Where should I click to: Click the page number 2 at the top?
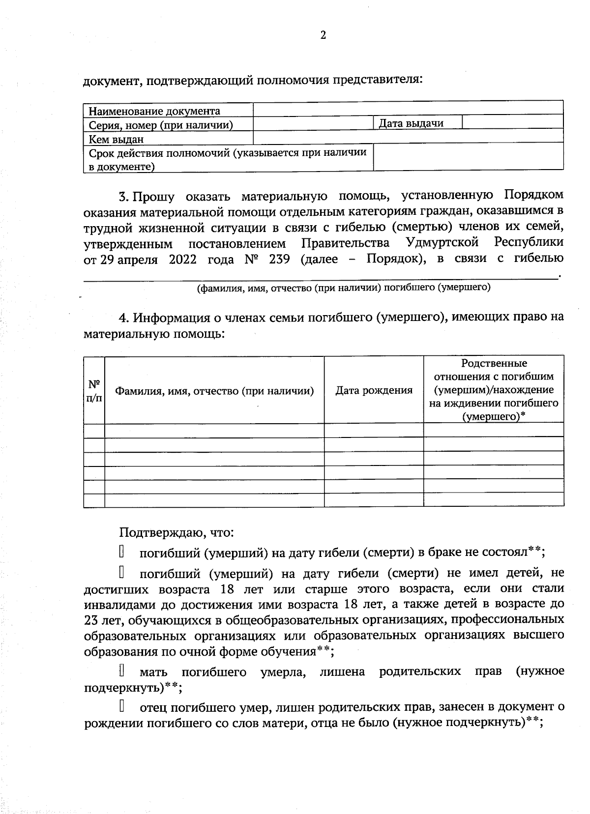click(x=323, y=35)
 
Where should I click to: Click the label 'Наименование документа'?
click(x=154, y=111)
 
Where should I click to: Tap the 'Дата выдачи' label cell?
click(x=411, y=123)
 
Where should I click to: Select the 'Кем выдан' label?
click(x=116, y=139)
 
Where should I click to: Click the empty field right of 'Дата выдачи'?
click(x=512, y=122)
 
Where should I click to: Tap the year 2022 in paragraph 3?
click(x=182, y=259)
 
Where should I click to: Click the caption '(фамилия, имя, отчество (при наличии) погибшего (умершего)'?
click(x=343, y=288)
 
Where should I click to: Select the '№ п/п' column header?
click(x=94, y=391)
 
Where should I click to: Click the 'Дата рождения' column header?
click(x=374, y=390)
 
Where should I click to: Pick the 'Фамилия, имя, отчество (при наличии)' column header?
click(x=214, y=391)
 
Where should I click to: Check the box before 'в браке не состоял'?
click(x=121, y=552)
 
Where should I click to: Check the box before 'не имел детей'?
click(x=121, y=573)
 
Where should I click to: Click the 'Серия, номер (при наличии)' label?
click(x=161, y=125)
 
